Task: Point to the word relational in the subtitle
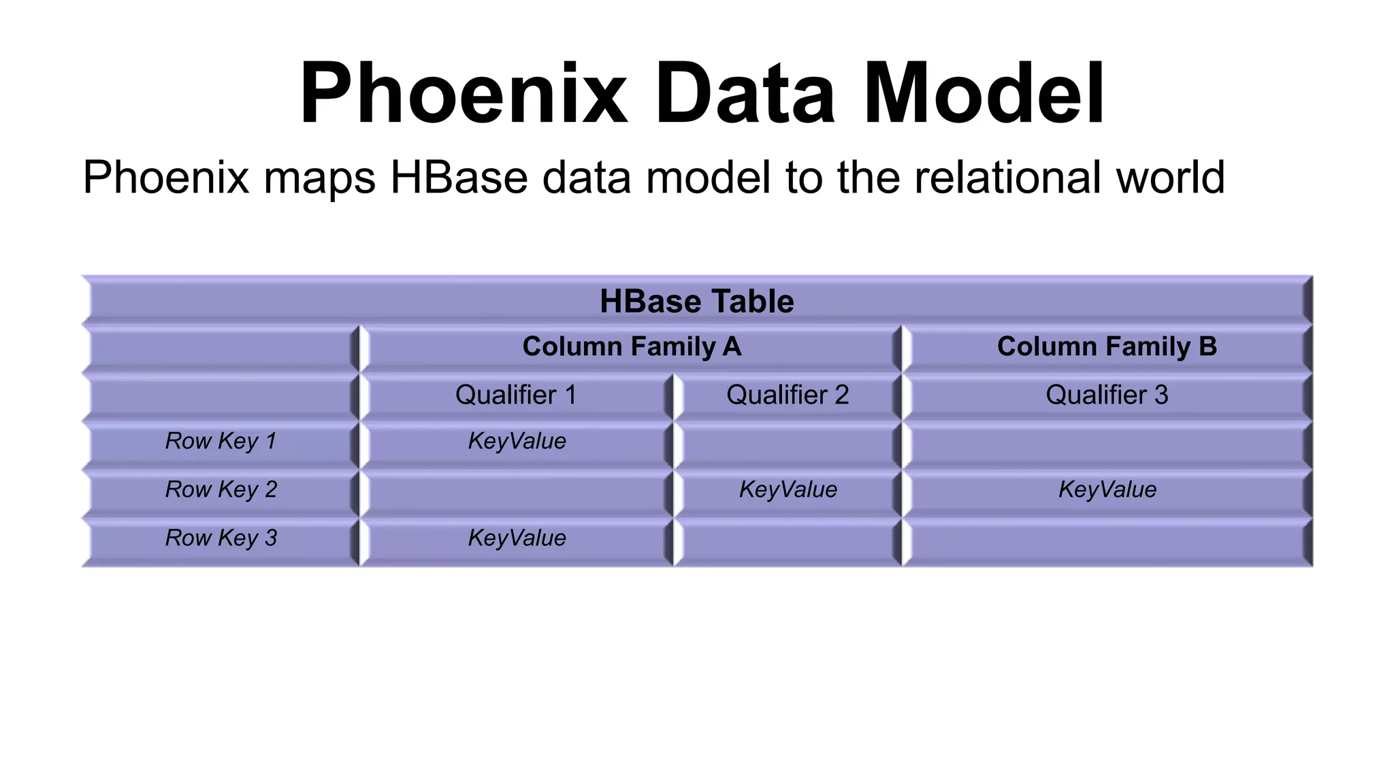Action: click(x=1008, y=178)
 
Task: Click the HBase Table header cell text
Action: click(x=696, y=301)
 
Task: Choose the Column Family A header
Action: click(x=631, y=347)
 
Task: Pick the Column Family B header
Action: click(x=1107, y=347)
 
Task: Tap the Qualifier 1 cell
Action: click(x=516, y=395)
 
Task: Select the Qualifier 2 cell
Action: click(x=788, y=395)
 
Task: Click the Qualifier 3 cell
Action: click(x=1107, y=395)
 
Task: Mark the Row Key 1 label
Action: click(x=221, y=442)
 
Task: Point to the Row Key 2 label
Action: click(x=221, y=490)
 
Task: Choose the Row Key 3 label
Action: click(x=221, y=538)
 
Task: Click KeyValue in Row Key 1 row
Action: click(x=517, y=442)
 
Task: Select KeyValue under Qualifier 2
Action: click(x=788, y=490)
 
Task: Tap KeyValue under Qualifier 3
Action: click(x=1107, y=490)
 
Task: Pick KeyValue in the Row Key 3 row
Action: click(x=517, y=538)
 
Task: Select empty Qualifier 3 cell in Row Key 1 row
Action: click(x=1107, y=443)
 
